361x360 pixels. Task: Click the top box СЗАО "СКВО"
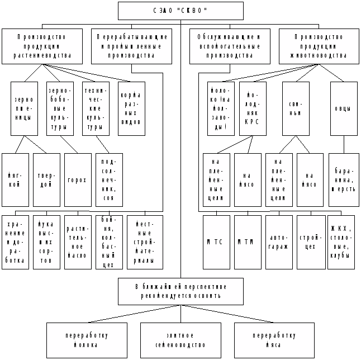pyautogui.click(x=180, y=11)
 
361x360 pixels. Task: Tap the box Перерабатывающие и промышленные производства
pyautogui.click(x=132, y=46)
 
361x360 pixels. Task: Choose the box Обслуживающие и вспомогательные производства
pyautogui.click(x=230, y=46)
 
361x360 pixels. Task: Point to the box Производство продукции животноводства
pyautogui.click(x=320, y=46)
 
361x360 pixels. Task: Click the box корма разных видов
pyautogui.click(x=131, y=108)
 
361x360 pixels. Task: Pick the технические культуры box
pyautogui.click(x=96, y=108)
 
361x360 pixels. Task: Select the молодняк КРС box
pyautogui.click(x=253, y=108)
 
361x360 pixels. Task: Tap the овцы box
pyautogui.click(x=344, y=108)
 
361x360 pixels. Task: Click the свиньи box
pyautogui.click(x=296, y=108)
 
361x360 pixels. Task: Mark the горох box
pyautogui.click(x=78, y=180)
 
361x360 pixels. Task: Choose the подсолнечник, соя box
pyautogui.click(x=109, y=180)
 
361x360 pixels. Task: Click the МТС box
pyautogui.click(x=216, y=242)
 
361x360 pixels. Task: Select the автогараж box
pyautogui.click(x=279, y=242)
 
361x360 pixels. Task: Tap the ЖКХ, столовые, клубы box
pyautogui.click(x=341, y=242)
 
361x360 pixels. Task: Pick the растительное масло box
pyautogui.click(x=78, y=242)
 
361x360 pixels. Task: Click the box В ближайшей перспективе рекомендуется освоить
pyautogui.click(x=180, y=291)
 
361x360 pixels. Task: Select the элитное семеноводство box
pyautogui.click(x=180, y=340)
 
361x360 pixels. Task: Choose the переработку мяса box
pyautogui.click(x=274, y=340)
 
